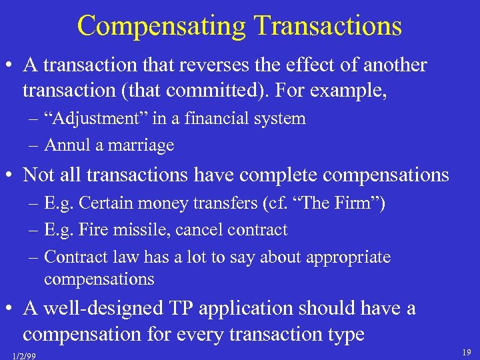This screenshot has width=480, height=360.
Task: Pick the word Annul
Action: pos(67,145)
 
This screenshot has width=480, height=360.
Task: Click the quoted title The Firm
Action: pos(346,204)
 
